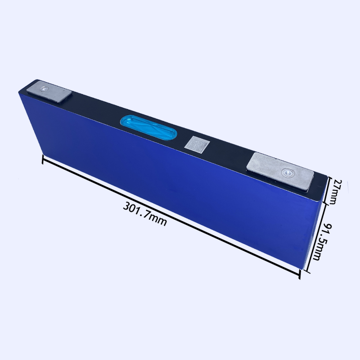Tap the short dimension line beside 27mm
point(328,190)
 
